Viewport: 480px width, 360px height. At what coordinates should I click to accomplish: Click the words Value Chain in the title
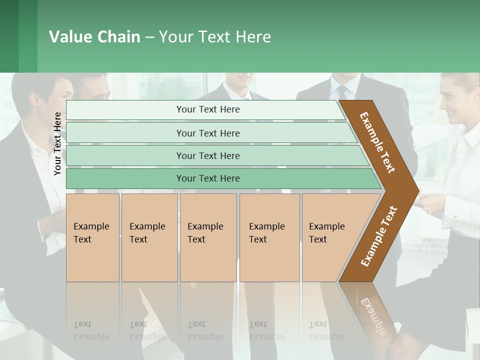click(x=94, y=37)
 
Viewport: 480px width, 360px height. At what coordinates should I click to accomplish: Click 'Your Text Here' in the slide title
click(x=215, y=37)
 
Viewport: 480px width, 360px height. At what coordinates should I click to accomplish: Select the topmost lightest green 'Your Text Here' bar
click(x=207, y=109)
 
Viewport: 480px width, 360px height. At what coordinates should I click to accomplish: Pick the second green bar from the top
click(x=207, y=133)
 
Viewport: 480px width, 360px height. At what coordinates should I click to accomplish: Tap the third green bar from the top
click(x=207, y=155)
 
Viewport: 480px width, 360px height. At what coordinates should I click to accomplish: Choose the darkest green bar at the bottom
click(x=207, y=178)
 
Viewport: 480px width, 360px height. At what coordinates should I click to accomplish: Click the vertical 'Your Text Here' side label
click(x=57, y=143)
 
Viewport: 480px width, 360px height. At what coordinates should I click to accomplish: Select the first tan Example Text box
click(x=92, y=237)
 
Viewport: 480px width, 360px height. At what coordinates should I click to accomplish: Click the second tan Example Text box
click(x=149, y=237)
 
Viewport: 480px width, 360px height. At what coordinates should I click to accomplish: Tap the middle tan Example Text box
click(x=208, y=237)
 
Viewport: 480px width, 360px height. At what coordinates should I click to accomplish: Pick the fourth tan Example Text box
click(x=269, y=237)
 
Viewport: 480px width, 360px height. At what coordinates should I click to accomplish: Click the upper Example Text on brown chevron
click(x=377, y=142)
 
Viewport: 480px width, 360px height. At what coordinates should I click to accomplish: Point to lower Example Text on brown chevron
click(x=378, y=236)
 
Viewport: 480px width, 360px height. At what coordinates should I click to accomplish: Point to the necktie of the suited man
click(x=342, y=92)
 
